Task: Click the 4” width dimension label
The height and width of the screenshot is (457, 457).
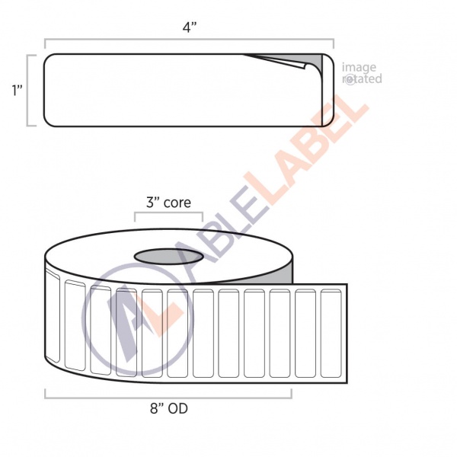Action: click(x=190, y=27)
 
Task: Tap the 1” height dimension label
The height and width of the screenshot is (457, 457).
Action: click(x=17, y=90)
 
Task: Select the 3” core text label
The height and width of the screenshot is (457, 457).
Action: click(x=168, y=203)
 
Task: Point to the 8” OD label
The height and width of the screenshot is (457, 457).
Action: click(x=169, y=408)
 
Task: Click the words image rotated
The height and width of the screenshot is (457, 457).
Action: click(x=362, y=73)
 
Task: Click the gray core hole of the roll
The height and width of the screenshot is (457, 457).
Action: click(x=168, y=257)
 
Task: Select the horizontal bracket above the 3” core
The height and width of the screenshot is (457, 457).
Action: click(x=168, y=213)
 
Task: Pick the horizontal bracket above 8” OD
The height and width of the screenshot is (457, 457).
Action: click(x=168, y=397)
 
